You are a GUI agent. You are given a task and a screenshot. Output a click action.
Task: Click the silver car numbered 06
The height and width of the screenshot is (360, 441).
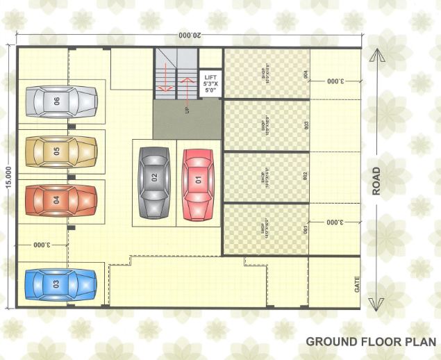[61, 101]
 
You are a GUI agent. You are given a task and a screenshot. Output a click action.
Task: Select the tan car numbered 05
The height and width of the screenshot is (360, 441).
[61, 149]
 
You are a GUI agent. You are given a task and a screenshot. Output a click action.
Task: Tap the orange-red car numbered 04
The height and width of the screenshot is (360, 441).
[61, 199]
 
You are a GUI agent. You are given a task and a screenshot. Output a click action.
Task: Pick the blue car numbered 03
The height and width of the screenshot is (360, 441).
[60, 284]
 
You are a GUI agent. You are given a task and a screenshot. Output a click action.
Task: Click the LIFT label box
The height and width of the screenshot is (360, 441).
[210, 83]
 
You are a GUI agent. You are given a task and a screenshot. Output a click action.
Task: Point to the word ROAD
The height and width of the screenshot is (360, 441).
[376, 181]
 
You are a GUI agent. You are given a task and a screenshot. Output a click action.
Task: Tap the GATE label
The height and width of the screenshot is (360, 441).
[358, 284]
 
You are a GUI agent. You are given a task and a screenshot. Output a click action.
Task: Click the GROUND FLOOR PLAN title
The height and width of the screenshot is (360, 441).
[372, 341]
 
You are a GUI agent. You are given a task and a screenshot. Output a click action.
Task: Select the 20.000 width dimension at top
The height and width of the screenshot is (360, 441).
[190, 35]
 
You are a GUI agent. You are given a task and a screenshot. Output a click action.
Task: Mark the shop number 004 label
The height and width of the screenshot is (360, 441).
[306, 74]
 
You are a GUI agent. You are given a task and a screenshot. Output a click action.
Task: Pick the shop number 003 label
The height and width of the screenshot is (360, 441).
[306, 125]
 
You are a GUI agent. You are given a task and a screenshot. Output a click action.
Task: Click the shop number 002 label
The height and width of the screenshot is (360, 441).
[306, 177]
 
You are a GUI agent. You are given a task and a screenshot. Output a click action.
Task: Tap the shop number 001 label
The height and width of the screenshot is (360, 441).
[306, 228]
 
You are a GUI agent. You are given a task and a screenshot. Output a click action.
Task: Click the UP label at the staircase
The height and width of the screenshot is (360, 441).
[187, 110]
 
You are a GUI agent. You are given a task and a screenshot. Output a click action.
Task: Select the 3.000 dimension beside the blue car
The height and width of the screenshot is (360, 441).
[43, 245]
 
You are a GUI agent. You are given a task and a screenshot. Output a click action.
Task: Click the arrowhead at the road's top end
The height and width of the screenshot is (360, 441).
[376, 55]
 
